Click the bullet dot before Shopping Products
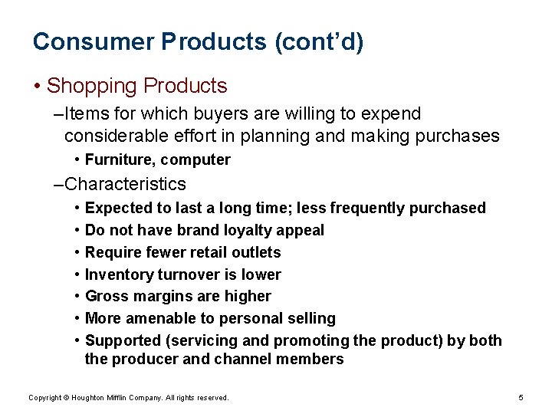pos(38,86)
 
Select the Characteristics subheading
pos(125,184)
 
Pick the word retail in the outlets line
pos(195,252)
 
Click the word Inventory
pos(119,274)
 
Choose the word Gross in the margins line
pos(106,296)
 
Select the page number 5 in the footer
pos(521,398)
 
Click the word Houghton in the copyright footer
pos(90,398)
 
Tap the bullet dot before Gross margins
pos(78,296)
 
